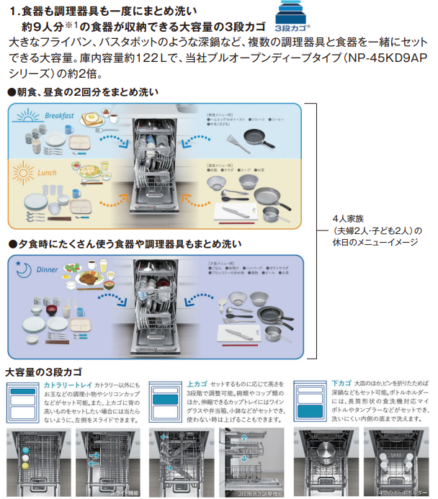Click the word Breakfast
point(60,116)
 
